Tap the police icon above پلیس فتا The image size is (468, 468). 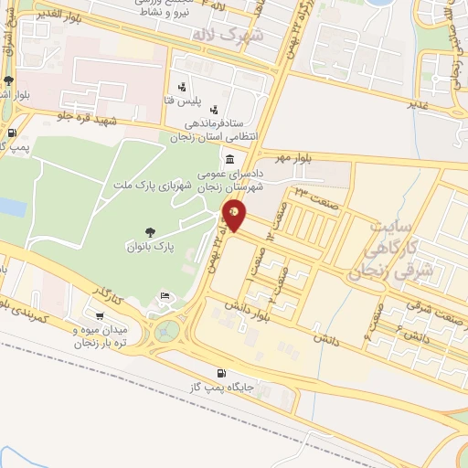click(x=186, y=79)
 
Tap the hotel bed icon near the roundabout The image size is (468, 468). click(x=165, y=295)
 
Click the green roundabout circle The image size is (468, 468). click(x=168, y=328)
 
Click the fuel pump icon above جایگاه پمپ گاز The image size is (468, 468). click(x=221, y=372)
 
